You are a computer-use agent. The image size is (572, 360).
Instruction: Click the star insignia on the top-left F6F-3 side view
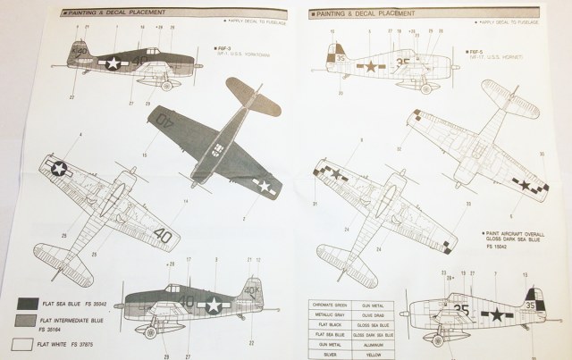coord(113,63)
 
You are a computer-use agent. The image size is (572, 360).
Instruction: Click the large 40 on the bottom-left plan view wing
coord(162,235)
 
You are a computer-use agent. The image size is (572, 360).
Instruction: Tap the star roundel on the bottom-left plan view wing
coord(59,167)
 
